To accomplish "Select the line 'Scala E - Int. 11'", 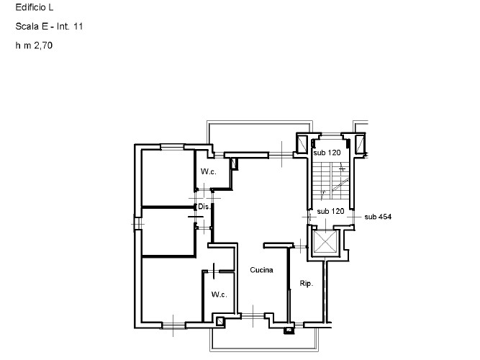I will [x=49, y=27].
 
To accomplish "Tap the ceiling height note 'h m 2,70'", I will [x=34, y=45].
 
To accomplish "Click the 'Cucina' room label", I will [x=261, y=271].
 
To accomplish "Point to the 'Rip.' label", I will [x=305, y=284].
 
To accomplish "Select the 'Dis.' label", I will [x=204, y=207].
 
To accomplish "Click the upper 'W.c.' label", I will [x=209, y=172].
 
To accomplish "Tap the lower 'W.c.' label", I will [x=219, y=295].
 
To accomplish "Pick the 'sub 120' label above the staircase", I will [x=327, y=153].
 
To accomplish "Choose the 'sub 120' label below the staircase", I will [x=330, y=212].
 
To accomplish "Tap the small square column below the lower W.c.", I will [x=220, y=320].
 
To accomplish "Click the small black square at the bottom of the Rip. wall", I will [x=289, y=331].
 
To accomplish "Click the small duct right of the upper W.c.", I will [x=233, y=164].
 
